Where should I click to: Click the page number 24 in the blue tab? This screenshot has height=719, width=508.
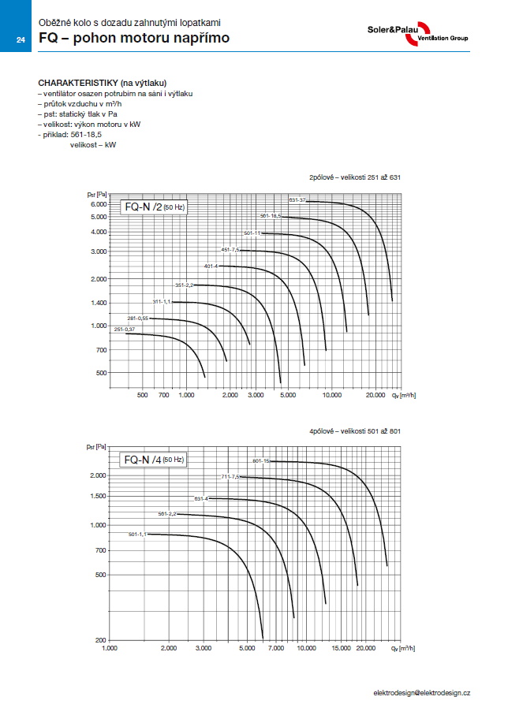21,40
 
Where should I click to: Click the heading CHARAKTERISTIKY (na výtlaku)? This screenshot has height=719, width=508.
103,83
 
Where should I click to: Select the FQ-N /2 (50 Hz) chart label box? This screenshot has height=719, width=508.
153,208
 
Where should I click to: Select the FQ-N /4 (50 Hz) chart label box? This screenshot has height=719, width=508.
153,459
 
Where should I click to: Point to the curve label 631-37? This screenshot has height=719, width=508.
297,199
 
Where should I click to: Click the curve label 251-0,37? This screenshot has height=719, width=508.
125,329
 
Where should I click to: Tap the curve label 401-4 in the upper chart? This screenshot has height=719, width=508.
211,266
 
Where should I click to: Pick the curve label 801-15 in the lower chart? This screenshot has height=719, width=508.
261,460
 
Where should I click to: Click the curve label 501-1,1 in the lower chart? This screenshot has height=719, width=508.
137,535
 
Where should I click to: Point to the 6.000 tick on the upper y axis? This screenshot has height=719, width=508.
98,204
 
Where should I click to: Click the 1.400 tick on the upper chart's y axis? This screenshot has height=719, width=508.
98,303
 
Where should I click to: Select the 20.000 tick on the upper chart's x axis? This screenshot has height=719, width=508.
375,393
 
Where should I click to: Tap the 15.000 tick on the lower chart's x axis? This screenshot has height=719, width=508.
341,647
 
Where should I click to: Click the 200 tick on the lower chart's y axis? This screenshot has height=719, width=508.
99,639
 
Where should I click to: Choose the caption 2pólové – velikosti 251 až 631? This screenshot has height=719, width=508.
355,177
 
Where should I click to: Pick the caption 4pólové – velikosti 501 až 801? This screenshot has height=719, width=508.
355,430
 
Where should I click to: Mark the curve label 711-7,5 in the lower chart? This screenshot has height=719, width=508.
230,477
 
